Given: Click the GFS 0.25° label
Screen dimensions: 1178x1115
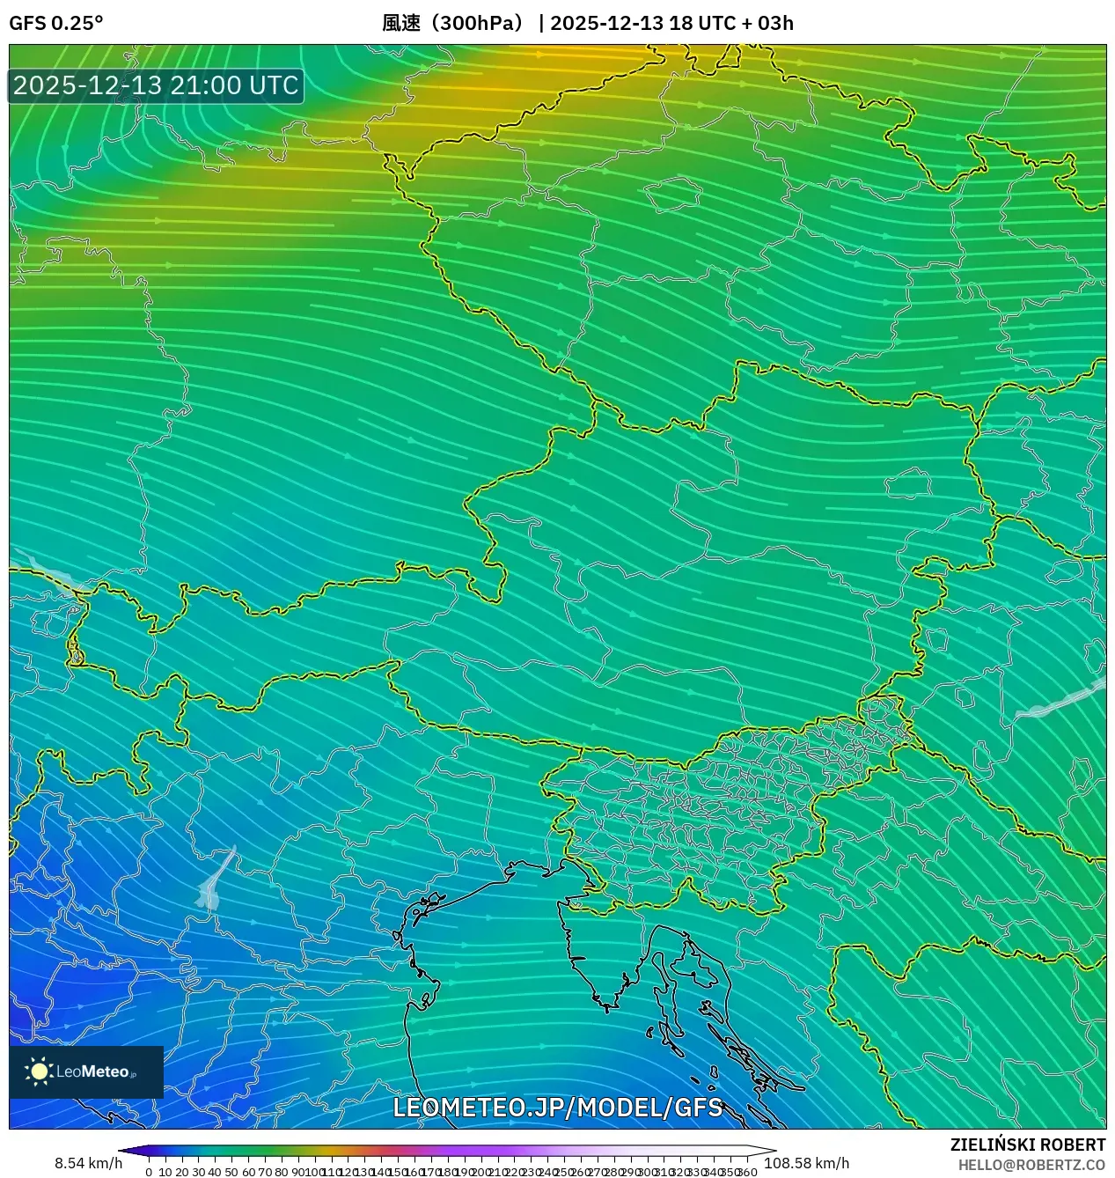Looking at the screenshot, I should click(55, 23).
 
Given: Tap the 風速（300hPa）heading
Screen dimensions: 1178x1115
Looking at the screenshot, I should click(453, 23).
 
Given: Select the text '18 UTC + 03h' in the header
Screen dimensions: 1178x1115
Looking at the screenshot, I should click(730, 23).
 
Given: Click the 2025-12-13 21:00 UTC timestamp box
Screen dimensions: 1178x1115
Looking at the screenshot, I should click(156, 85).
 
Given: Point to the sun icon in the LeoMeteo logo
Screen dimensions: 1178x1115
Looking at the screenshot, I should click(39, 1071).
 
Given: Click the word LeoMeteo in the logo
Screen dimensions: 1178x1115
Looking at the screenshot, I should click(92, 1072).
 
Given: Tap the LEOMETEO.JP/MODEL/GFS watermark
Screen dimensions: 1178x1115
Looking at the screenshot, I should click(557, 1108).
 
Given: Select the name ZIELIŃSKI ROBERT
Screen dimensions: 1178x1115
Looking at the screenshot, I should click(1027, 1145).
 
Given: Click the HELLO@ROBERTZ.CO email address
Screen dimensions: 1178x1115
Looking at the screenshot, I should click(1031, 1165).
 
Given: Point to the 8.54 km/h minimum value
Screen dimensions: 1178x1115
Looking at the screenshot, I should click(88, 1163).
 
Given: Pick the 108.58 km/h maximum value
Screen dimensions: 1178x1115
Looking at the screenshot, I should click(806, 1163).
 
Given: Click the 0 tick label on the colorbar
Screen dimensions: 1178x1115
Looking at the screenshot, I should click(149, 1172).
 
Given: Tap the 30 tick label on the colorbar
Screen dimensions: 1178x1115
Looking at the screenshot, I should click(198, 1172).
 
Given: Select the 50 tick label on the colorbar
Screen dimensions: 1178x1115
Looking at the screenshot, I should click(231, 1172).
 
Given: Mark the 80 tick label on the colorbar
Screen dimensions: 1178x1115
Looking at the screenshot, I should click(281, 1172).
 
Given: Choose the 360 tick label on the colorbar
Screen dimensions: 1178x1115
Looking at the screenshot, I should click(748, 1172).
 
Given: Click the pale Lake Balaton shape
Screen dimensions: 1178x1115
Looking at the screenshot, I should click(1060, 701).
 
